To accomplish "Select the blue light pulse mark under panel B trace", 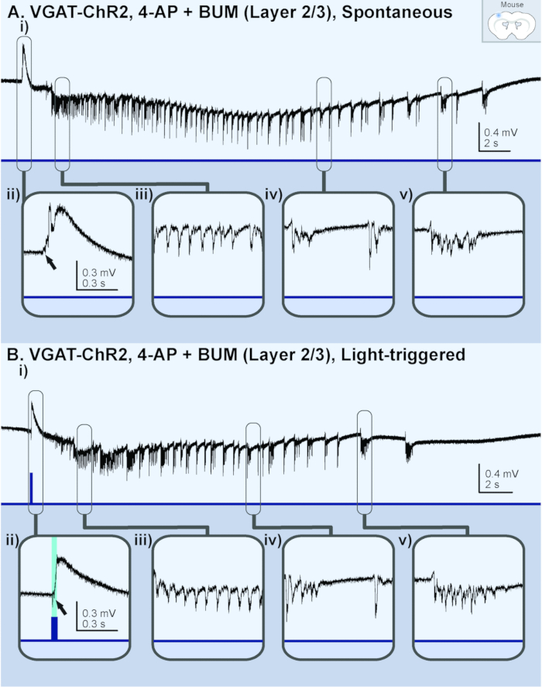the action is [30, 487].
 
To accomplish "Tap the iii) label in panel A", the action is [142, 195].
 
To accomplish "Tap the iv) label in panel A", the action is [272, 195].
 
